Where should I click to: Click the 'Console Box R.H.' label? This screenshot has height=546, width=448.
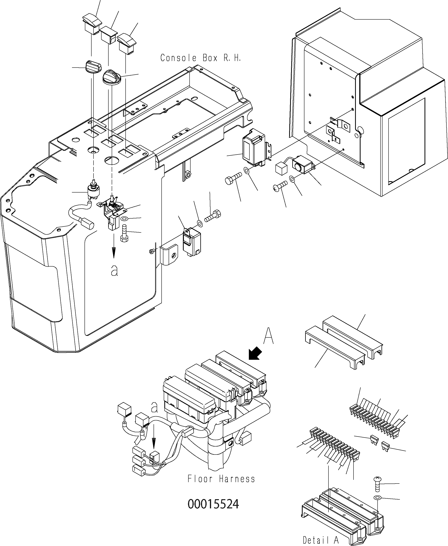click(201, 58)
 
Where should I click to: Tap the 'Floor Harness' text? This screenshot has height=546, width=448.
click(221, 479)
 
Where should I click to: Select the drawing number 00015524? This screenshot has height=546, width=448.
click(213, 504)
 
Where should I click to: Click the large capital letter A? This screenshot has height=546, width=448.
click(268, 336)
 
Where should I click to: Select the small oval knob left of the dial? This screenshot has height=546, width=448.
click(93, 67)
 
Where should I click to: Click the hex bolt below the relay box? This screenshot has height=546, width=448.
click(233, 178)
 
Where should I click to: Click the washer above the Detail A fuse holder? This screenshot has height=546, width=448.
click(377, 497)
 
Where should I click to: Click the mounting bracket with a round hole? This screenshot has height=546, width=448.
click(169, 254)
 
